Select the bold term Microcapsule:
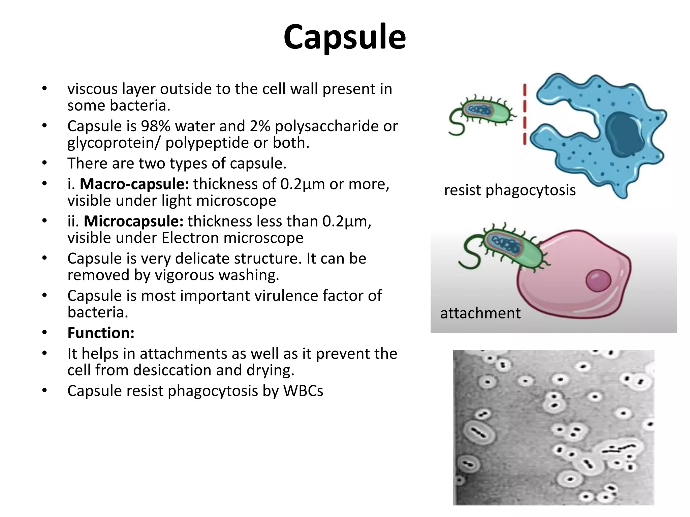(133, 221)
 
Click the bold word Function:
(101, 333)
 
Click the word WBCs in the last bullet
(303, 391)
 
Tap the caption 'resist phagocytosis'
(509, 190)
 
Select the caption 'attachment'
(480, 313)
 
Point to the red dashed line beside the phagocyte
(524, 114)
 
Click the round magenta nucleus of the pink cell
(598, 280)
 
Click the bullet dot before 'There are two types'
(44, 163)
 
